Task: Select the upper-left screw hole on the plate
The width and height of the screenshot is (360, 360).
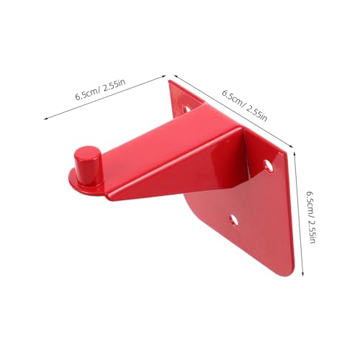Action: (188, 109)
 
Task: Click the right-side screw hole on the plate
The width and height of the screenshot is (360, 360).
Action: (269, 166)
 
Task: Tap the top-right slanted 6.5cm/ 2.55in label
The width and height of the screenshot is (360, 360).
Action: (246, 105)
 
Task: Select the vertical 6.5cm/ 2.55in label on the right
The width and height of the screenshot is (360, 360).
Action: (311, 217)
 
